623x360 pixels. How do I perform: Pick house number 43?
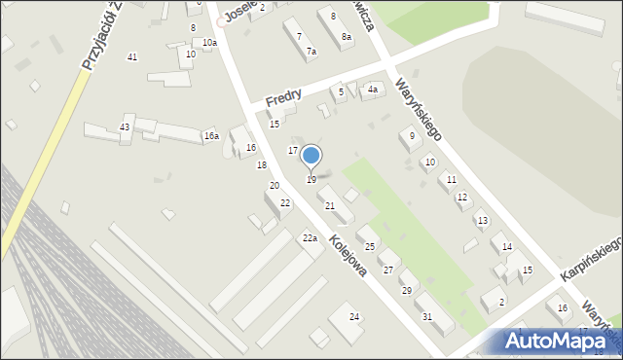click(125, 128)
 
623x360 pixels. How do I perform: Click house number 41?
click(132, 57)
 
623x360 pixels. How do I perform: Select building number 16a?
click(211, 136)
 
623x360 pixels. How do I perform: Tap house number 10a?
click(209, 43)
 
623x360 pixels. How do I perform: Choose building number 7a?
click(311, 52)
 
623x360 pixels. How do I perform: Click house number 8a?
click(346, 37)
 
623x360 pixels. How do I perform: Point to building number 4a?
click(372, 90)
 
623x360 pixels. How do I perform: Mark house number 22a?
click(310, 238)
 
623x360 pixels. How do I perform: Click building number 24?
click(354, 317)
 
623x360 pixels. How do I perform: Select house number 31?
click(426, 317)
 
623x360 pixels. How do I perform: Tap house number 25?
click(369, 247)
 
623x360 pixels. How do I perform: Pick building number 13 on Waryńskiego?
click(482, 221)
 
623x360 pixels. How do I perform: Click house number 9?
click(412, 136)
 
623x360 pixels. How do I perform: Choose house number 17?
click(293, 150)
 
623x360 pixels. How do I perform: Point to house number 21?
click(330, 206)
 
